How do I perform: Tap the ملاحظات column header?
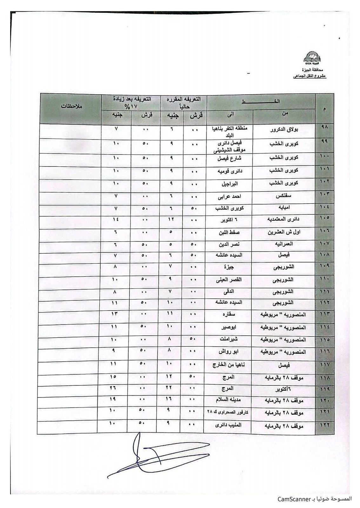point(71,106)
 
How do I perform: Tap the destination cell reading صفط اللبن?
point(228,232)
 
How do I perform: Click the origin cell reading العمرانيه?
point(284,244)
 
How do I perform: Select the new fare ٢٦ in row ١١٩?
point(114,388)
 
